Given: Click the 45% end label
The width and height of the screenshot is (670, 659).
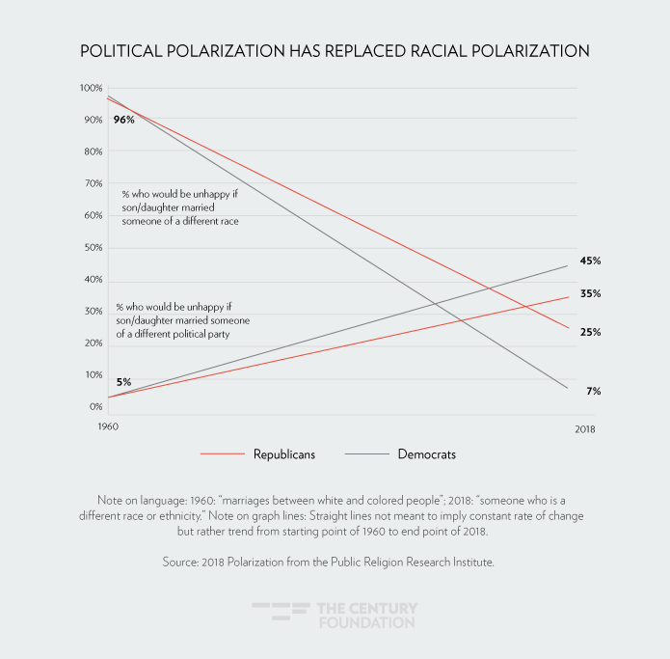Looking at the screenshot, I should point(590,261).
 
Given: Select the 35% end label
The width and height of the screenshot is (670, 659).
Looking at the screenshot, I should point(590,293).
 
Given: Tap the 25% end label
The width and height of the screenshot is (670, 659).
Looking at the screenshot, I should point(590,332).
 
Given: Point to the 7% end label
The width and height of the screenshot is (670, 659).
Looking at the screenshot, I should point(593,391).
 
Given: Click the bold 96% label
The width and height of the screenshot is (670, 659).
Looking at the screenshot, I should point(123,120).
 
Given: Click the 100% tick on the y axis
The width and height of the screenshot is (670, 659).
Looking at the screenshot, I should point(91,88).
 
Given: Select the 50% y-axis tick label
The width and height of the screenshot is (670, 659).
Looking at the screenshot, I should point(93,247).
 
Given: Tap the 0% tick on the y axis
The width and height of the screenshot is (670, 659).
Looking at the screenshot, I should point(95,407).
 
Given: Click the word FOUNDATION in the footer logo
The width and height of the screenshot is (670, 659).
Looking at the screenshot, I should point(366,622).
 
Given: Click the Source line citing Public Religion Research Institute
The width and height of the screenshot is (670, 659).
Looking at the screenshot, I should point(335,562).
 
